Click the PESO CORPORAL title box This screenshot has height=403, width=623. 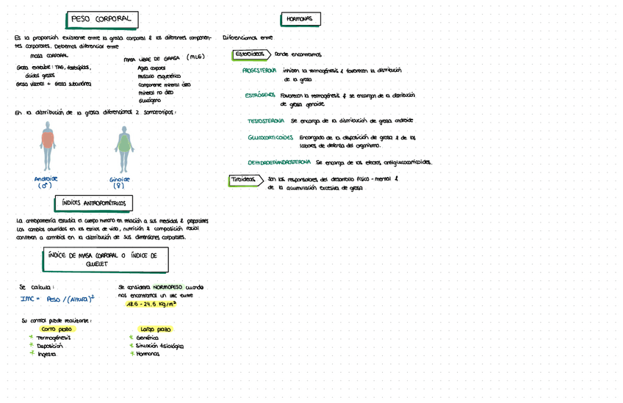(101, 18)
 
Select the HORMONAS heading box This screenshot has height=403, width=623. (300, 19)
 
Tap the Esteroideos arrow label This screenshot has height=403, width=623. (250, 54)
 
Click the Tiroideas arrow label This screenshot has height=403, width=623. (245, 180)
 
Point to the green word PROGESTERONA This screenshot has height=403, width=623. (259, 70)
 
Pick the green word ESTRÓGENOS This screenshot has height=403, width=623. (260, 95)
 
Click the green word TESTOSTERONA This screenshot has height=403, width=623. (266, 120)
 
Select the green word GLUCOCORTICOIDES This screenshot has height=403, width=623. (270, 137)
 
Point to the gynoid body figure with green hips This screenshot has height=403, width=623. (122, 148)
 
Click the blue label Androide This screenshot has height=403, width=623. (46, 178)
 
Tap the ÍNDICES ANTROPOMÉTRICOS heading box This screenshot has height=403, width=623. (93, 203)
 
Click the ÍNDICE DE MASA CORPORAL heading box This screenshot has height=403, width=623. (106, 259)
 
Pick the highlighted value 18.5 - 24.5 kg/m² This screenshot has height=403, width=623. (151, 303)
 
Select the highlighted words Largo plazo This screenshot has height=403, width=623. (155, 329)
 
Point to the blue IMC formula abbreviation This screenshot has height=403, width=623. (29, 299)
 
